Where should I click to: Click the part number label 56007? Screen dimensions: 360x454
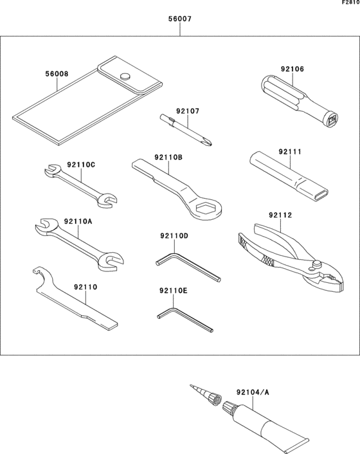click(x=180, y=19)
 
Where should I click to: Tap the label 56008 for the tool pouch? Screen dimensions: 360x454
click(x=57, y=74)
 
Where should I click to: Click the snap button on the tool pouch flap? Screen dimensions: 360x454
click(x=125, y=76)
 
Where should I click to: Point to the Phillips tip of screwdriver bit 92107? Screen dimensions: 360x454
click(x=208, y=142)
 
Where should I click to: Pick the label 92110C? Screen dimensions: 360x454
click(x=81, y=165)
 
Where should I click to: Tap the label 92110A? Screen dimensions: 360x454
click(x=78, y=221)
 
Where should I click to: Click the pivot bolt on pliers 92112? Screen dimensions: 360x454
click(x=317, y=264)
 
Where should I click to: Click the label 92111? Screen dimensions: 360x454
click(x=290, y=152)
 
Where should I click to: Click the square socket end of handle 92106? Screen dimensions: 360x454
click(x=333, y=120)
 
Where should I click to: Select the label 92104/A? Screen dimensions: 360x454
click(x=253, y=392)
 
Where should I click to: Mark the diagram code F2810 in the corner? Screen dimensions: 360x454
click(x=351, y=3)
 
